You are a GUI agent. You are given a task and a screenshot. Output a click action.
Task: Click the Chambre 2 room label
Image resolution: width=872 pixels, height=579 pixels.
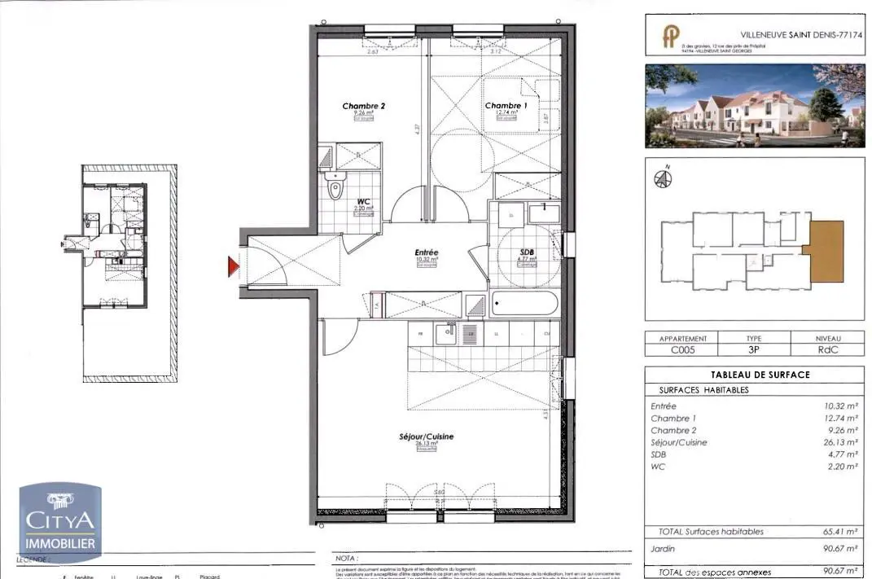point(363,106)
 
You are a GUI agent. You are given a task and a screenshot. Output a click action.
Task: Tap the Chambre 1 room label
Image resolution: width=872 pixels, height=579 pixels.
point(506,106)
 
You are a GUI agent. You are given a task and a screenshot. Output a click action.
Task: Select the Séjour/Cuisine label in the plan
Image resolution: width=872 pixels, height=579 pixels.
point(426,436)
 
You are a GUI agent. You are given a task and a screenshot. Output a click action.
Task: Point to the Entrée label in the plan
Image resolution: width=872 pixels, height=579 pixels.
point(426,252)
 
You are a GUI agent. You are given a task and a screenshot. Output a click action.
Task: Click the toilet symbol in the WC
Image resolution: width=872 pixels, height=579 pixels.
point(335,190)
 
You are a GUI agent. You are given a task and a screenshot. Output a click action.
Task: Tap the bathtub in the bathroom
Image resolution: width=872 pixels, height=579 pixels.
point(524,305)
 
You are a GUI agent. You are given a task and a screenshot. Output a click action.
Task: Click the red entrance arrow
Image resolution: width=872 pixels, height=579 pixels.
point(233,266)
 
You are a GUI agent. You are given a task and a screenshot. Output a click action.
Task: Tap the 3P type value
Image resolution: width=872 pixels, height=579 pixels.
point(752,350)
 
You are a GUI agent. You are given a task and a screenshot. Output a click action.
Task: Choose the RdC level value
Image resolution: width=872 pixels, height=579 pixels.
point(829,350)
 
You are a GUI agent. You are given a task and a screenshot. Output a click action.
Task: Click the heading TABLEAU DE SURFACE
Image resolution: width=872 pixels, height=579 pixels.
point(748,375)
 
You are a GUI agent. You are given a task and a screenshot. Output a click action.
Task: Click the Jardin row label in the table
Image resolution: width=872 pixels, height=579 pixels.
point(663,549)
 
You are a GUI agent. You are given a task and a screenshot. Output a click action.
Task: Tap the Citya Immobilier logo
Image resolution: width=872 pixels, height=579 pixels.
point(60,521)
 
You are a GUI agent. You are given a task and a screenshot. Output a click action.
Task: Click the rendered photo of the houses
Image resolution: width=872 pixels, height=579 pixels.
point(754,106)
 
